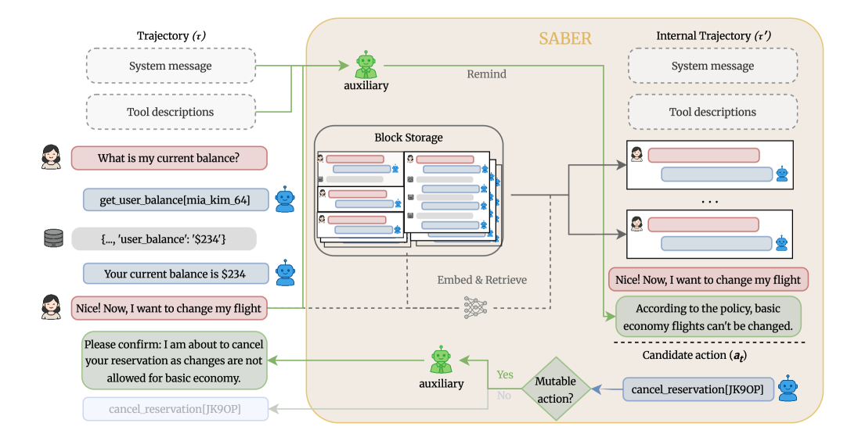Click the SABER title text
564,38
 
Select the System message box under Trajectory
170,66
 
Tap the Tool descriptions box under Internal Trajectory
712,112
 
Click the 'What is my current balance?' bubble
169,159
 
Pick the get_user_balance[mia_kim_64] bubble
175,200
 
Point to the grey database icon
52,238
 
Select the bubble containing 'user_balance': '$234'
164,238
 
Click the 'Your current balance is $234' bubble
175,274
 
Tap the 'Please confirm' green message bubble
174,360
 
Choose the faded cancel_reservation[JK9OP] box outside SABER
175,409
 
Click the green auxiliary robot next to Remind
366,63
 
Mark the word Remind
486,74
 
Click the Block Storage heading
408,138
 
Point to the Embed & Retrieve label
481,280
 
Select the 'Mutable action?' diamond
555,389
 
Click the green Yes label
505,375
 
